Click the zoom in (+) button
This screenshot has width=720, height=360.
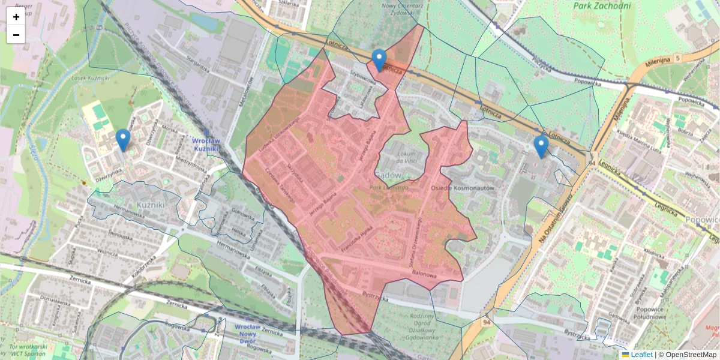pyautogui.click(x=16, y=17)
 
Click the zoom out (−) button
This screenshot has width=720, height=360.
pyautogui.click(x=16, y=35)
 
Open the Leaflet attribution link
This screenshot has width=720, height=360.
pyautogui.click(x=641, y=355)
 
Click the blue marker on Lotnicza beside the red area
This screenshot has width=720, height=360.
pyautogui.click(x=379, y=60)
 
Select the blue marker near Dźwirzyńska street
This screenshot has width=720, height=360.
pyautogui.click(x=123, y=140)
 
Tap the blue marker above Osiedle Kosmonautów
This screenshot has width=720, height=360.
pyautogui.click(x=541, y=146)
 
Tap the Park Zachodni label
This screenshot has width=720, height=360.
pyautogui.click(x=602, y=6)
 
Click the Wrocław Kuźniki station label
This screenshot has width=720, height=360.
pyautogui.click(x=208, y=144)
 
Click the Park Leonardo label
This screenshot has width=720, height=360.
pyautogui.click(x=388, y=187)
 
